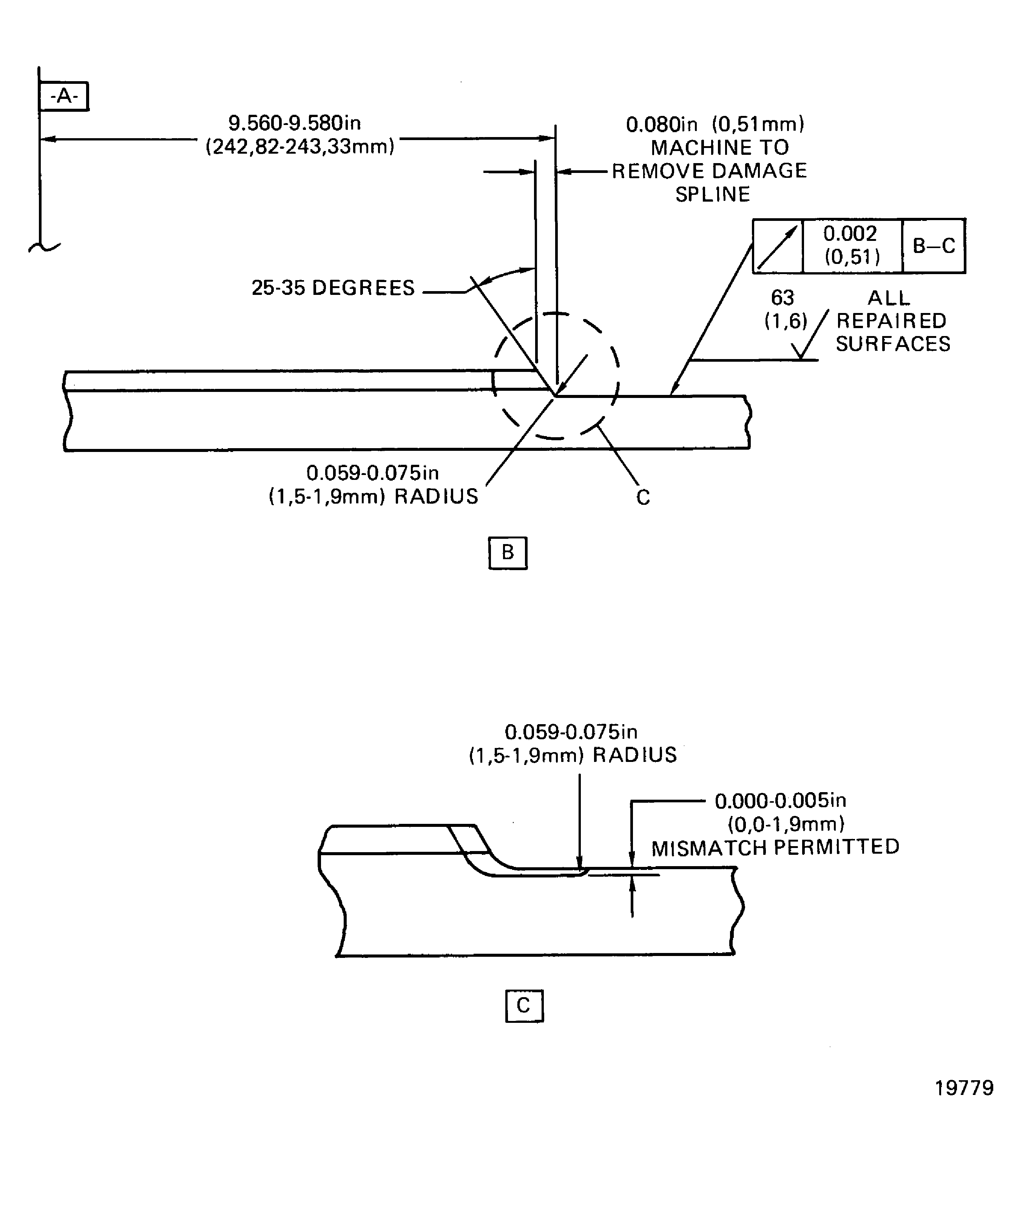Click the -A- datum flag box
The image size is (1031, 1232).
63,96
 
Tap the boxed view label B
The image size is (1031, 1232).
508,553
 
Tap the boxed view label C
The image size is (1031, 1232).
524,1005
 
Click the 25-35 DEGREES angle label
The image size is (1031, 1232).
333,288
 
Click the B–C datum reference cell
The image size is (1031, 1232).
934,246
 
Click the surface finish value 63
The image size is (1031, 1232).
782,298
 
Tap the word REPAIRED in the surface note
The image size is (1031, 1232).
891,321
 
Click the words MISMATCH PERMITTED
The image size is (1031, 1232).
775,847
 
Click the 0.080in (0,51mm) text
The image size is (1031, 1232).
715,124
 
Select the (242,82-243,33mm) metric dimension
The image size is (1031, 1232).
300,146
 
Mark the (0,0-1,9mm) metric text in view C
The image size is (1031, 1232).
786,824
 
